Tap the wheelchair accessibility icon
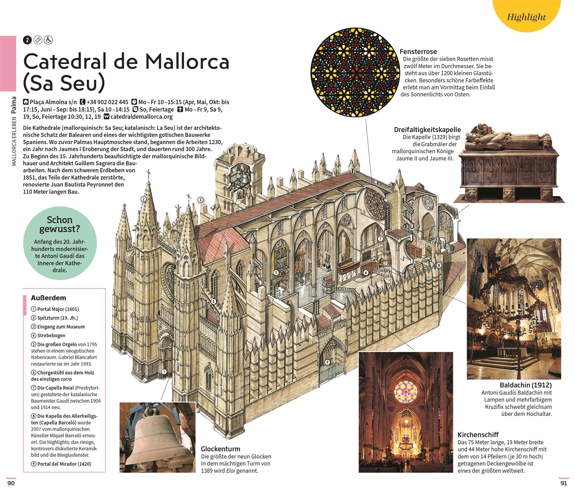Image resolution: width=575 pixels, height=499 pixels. click(x=48, y=40)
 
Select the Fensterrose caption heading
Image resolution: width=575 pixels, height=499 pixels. click(x=418, y=52)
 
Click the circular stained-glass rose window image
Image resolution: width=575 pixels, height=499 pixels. click(x=355, y=72)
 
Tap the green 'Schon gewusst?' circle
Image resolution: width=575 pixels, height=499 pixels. click(x=60, y=243)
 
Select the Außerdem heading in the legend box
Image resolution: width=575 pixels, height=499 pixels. click(x=48, y=298)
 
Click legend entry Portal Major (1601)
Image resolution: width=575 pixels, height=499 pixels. click(x=55, y=309)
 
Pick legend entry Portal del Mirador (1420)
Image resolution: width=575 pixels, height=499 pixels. click(x=61, y=464)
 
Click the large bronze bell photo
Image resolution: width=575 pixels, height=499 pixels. click(x=157, y=437)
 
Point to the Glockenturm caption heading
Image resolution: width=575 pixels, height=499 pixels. click(x=221, y=449)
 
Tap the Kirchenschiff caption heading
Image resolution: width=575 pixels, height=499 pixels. click(x=478, y=435)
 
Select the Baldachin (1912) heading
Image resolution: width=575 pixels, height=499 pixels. click(x=525, y=385)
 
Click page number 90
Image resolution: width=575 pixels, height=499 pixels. click(x=11, y=483)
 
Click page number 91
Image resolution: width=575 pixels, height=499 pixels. click(x=564, y=483)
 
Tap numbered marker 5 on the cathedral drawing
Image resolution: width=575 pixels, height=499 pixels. click(x=276, y=273)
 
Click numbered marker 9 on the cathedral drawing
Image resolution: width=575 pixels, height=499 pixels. click(x=327, y=362)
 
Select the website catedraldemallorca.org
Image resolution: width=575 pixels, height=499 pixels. click(x=142, y=117)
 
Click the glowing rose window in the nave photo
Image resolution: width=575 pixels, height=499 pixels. click(x=405, y=392)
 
